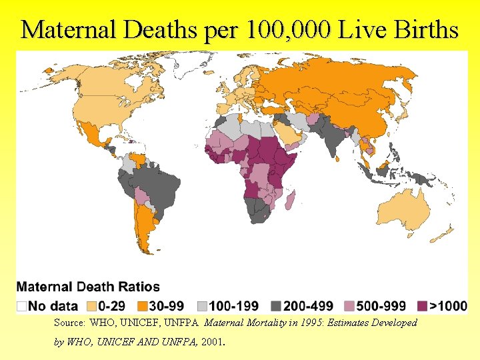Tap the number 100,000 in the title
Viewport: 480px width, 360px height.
tap(287, 30)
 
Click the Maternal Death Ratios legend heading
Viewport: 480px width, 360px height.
tap(88, 287)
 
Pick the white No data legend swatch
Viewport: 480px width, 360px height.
tap(22, 306)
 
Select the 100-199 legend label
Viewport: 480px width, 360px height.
tap(233, 306)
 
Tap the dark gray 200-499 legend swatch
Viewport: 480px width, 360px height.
tap(275, 306)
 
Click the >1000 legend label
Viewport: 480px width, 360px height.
tap(448, 306)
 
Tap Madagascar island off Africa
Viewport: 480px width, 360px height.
tap(291, 199)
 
